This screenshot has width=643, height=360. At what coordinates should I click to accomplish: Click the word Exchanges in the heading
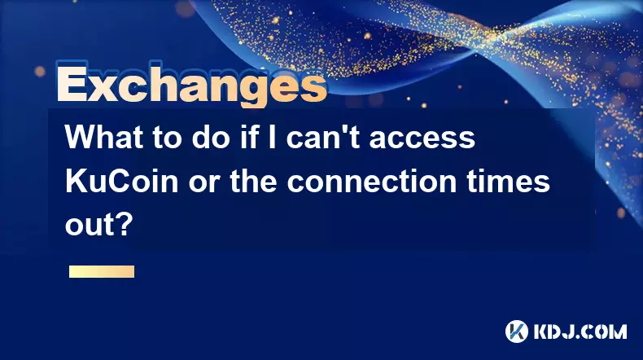coord(192,84)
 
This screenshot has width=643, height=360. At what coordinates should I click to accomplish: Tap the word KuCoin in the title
coord(122,181)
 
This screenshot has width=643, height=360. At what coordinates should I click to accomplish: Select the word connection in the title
coord(371,181)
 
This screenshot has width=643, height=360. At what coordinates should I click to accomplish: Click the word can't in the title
coord(324,138)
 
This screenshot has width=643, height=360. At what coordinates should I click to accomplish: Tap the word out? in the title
coord(99,225)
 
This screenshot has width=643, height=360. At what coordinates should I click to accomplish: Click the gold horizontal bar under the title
coord(102,271)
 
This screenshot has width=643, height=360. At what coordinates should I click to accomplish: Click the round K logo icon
coord(517,331)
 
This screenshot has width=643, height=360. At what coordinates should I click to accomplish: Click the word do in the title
coord(210,138)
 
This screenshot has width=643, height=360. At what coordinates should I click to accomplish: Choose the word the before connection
coord(253,181)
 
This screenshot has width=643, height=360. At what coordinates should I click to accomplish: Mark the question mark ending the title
coord(126,225)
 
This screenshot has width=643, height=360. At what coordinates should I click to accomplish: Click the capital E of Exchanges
coord(72,86)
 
